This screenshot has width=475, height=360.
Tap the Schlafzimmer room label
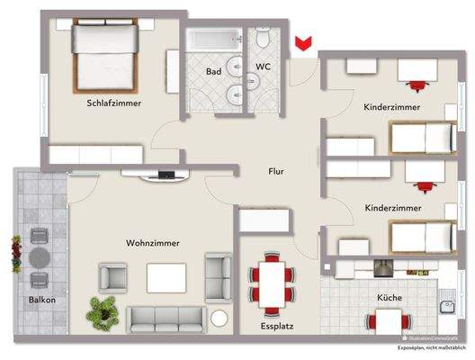pyautogui.click(x=111, y=103)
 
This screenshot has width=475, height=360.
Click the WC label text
pyautogui.click(x=264, y=67)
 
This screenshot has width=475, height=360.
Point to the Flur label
pyautogui.click(x=276, y=169)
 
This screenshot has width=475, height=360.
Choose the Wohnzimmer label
pyautogui.click(x=152, y=243)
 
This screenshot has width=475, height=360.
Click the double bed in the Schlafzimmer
pyautogui.click(x=104, y=53)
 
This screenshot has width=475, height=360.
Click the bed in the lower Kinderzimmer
pyautogui.click(x=420, y=236)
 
